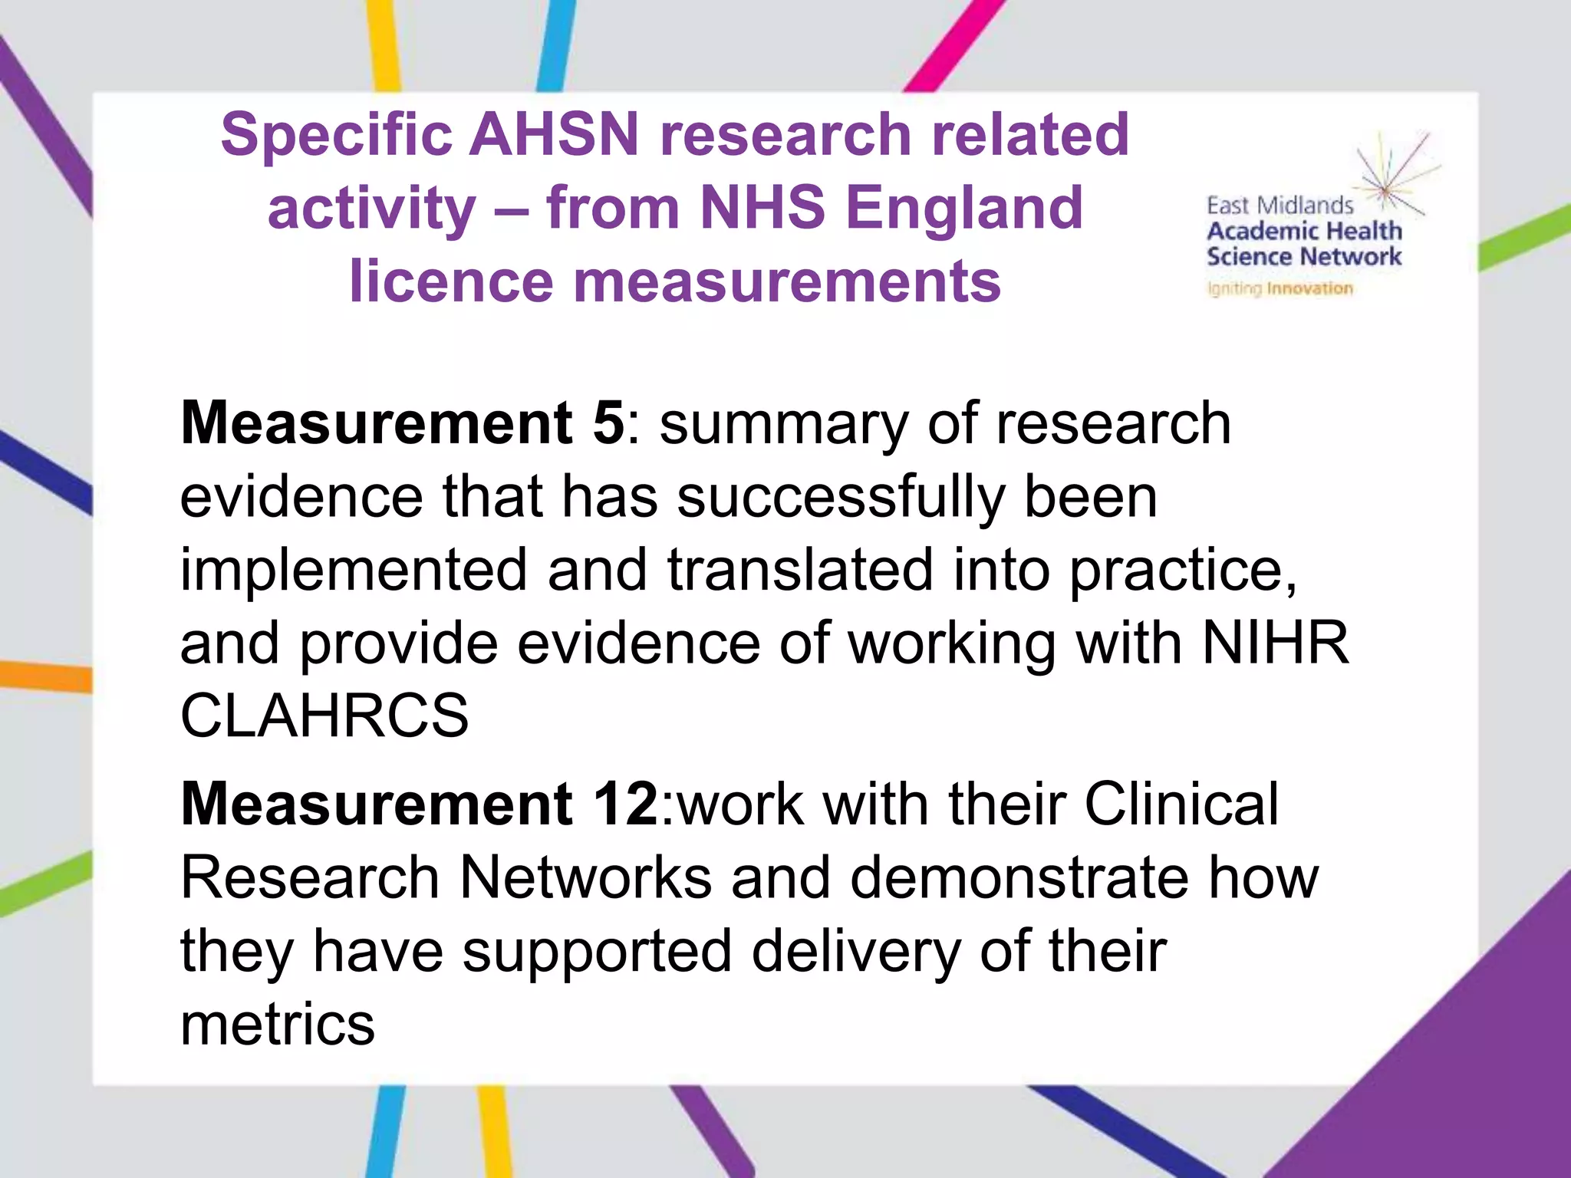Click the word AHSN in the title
554,135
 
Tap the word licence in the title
451,281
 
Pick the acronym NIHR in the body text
1275,643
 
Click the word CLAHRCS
324,716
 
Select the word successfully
841,496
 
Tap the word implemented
354,570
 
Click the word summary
784,424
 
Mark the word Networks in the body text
586,877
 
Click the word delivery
855,951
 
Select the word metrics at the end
278,1025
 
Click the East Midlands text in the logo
1280,206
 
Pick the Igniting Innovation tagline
1280,288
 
